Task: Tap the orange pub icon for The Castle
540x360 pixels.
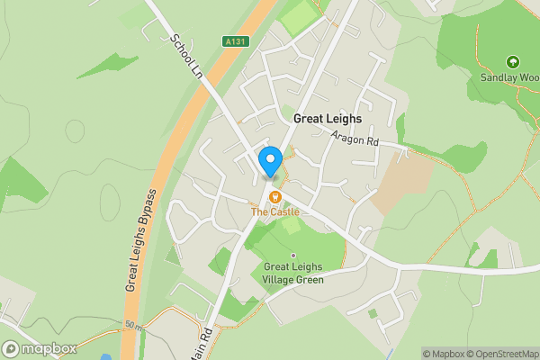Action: pyautogui.click(x=275, y=196)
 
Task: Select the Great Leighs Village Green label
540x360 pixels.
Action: pyautogui.click(x=293, y=273)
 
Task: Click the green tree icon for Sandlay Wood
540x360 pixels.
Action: pyautogui.click(x=513, y=63)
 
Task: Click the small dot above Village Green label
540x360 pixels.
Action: pyautogui.click(x=292, y=255)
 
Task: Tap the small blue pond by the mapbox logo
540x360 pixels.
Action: pyautogui.click(x=106, y=356)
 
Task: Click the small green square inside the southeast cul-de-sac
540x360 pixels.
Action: pyautogui.click(x=372, y=313)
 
